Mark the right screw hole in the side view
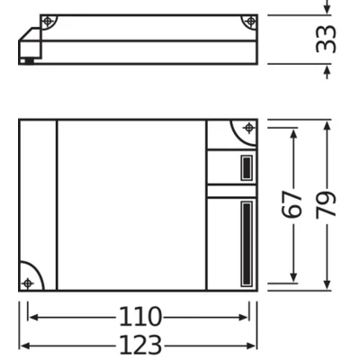[247, 21]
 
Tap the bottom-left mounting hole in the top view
[28, 283]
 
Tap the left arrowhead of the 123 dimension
[23, 345]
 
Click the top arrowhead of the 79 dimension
[327, 123]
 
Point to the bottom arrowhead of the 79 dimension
[327, 287]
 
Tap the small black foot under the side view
[32, 61]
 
